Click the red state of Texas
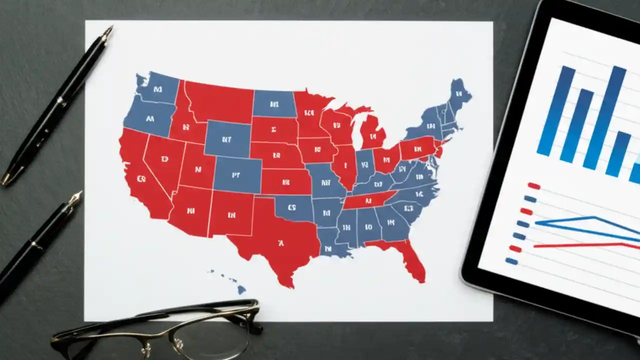(x=280, y=240)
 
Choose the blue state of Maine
(x=458, y=95)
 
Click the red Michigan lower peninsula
(x=373, y=132)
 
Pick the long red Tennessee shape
(x=370, y=200)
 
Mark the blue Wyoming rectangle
(x=227, y=139)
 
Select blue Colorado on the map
(x=237, y=175)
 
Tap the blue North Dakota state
(x=273, y=103)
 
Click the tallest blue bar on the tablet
(x=605, y=117)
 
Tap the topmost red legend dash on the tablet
(x=534, y=186)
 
